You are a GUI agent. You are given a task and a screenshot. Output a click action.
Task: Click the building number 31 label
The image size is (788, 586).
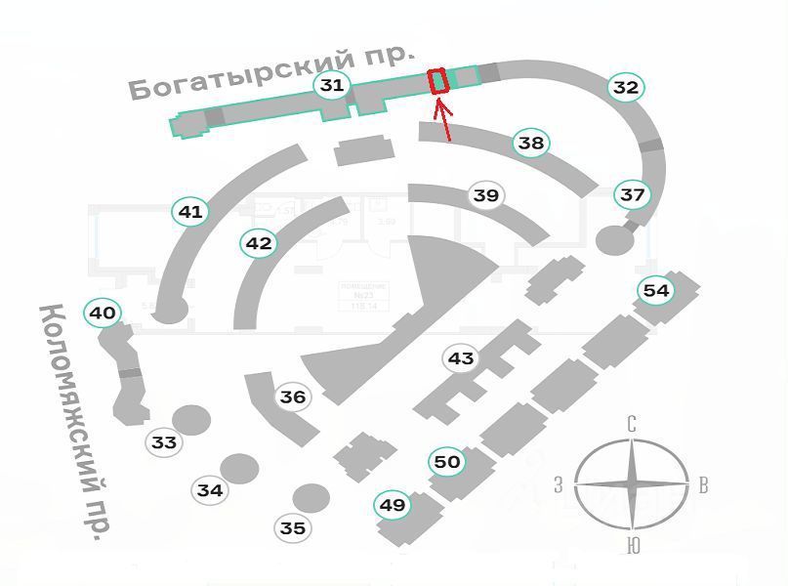tap(332, 85)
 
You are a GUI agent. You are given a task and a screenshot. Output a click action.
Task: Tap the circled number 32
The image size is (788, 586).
tap(625, 87)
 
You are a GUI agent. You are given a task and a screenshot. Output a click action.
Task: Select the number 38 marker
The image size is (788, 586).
tap(530, 143)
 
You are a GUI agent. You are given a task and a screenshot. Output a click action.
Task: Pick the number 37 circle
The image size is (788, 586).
tap(633, 194)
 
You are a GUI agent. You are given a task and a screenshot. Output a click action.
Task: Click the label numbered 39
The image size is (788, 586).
tap(485, 195)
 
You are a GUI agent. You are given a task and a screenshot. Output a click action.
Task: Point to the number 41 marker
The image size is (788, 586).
tap(190, 211)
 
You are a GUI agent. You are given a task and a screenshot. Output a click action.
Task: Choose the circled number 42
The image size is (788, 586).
tap(259, 243)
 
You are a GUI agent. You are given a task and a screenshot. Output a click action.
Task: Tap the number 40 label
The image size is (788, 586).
tap(103, 314)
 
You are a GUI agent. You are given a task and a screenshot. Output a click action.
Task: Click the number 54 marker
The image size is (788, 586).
tap(656, 290)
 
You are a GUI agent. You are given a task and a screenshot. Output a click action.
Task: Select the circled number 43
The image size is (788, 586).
tap(460, 358)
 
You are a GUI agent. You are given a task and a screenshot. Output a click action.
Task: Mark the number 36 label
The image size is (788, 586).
tap(293, 397)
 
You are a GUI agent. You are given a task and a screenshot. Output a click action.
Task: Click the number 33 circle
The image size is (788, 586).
tap(164, 442)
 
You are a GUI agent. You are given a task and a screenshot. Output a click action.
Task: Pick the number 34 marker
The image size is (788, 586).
tap(210, 490)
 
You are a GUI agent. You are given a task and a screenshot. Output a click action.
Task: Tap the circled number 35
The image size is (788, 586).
tap(293, 528)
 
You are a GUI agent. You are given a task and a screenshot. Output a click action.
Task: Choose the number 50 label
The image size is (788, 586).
tap(447, 461)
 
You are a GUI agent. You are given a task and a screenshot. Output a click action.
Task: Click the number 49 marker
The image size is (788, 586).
tap(393, 505)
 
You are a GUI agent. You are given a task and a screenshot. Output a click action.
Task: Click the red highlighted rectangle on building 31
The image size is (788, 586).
tap(438, 81)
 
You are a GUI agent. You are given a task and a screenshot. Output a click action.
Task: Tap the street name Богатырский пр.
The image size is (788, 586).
tap(271, 71)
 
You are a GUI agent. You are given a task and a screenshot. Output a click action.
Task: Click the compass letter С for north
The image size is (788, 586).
tap(633, 424)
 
